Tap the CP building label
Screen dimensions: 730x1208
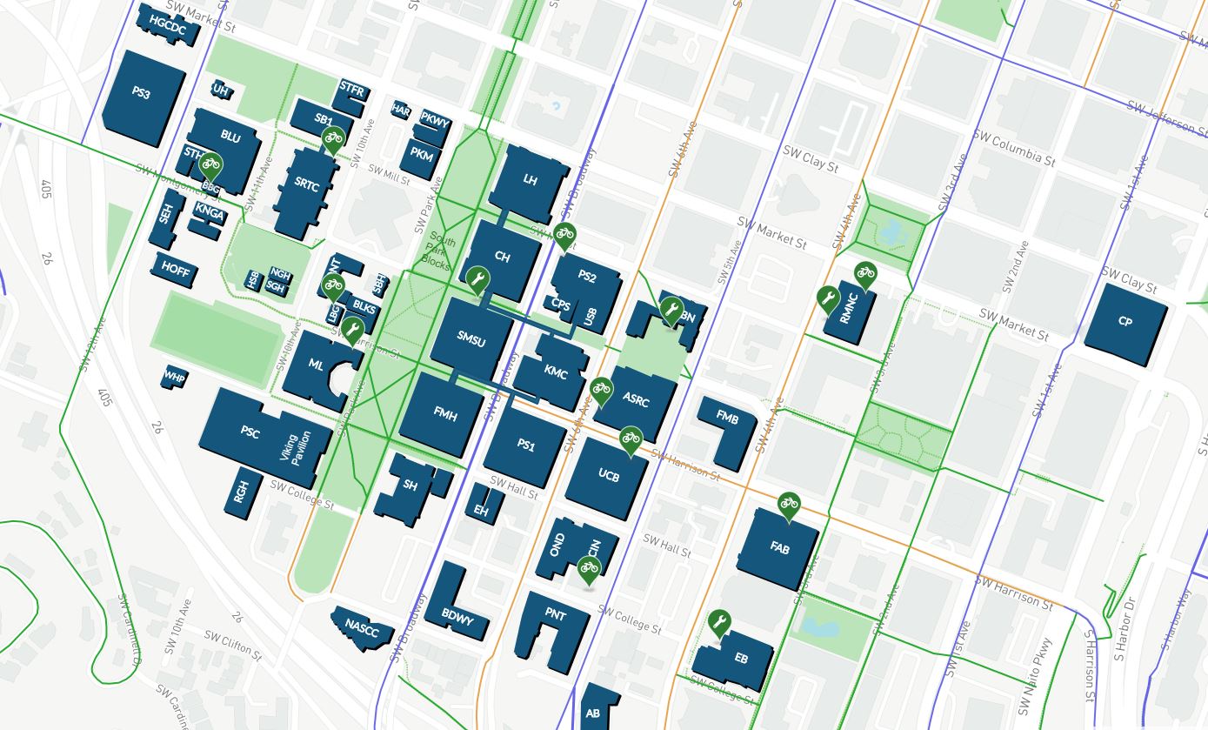(1125, 321)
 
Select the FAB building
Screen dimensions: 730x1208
(779, 548)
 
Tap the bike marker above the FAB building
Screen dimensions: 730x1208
(789, 504)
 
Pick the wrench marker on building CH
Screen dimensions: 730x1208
(476, 279)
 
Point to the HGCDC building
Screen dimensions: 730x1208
(168, 25)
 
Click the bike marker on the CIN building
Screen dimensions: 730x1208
(590, 568)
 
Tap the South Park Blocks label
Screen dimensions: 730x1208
(438, 251)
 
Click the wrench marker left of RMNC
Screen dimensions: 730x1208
(828, 300)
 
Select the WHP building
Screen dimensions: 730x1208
(175, 377)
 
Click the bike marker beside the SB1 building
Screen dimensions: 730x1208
(332, 137)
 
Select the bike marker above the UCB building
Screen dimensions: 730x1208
(631, 438)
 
